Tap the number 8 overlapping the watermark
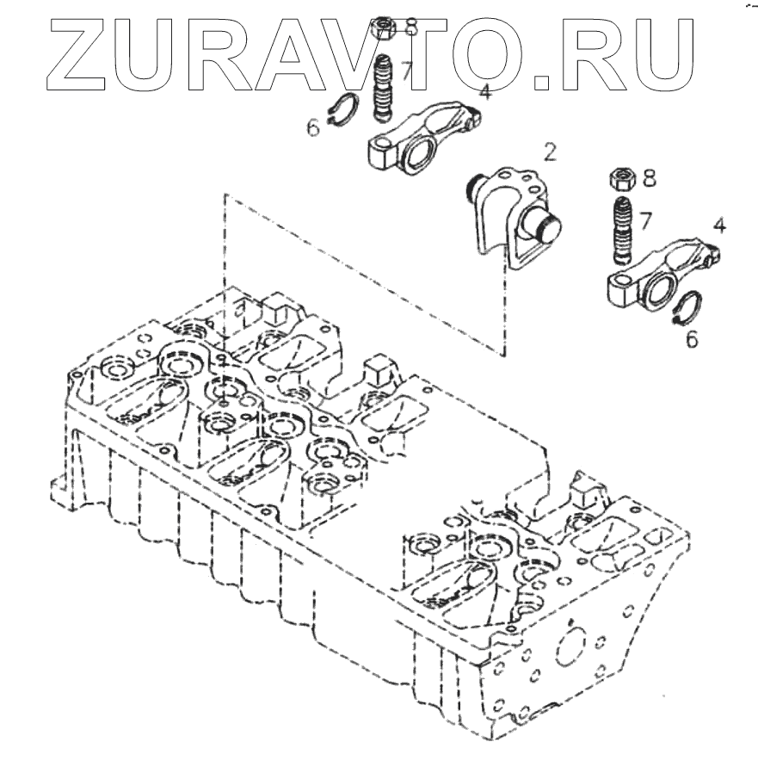(x=410, y=27)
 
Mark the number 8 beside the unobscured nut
(x=649, y=178)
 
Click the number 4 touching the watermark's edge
(x=485, y=91)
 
